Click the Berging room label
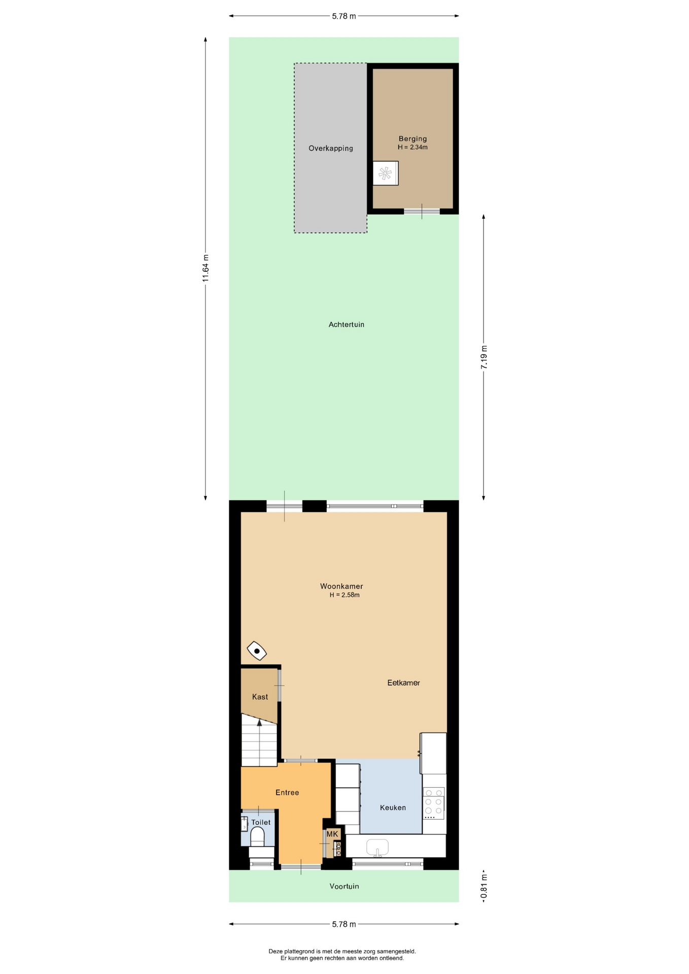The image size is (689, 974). [412, 138]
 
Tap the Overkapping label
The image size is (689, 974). [331, 148]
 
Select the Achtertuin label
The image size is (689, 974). [347, 324]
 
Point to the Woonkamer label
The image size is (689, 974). [341, 586]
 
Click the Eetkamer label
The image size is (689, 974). [403, 683]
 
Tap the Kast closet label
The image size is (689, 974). [260, 697]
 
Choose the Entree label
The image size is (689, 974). [287, 792]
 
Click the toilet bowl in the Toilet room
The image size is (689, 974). [257, 836]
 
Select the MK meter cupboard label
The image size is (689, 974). [332, 833]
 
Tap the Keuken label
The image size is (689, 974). [393, 808]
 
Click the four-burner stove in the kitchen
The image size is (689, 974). [434, 803]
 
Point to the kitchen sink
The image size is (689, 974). [377, 847]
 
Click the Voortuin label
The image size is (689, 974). [344, 886]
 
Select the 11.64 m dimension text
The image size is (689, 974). [205, 268]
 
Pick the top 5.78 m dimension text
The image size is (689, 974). [344, 16]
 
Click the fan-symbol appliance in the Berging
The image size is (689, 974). [385, 173]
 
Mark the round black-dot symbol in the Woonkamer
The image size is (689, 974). [257, 651]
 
